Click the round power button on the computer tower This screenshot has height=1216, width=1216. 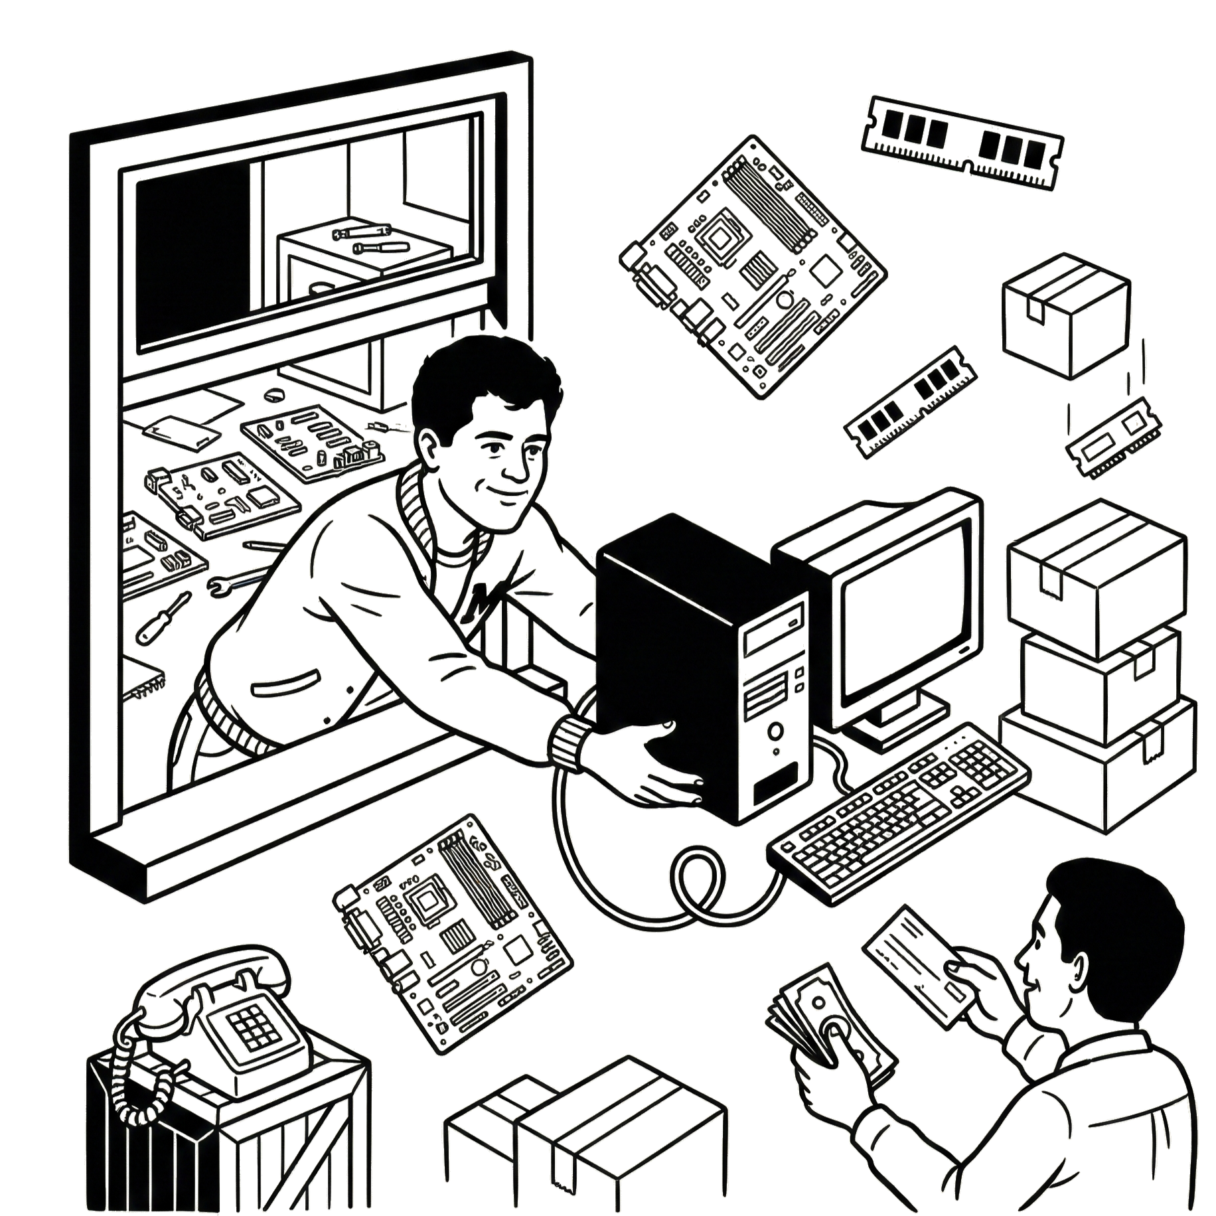tap(775, 731)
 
